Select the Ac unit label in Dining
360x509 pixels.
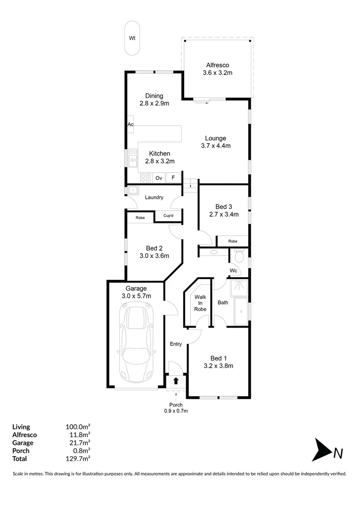pos(131,124)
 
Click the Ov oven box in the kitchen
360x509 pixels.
pos(159,178)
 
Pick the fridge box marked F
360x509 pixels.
pos(173,178)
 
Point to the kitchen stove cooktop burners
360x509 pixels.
pos(145,178)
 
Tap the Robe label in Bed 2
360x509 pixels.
pos(140,218)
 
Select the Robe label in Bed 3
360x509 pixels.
pos(232,241)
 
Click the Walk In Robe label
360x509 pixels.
pos(200,303)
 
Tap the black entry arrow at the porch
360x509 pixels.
pos(176,380)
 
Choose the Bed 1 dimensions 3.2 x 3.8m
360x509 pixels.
pos(218,365)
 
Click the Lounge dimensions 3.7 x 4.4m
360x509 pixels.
pos(215,146)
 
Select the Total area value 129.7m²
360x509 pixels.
pos(78,458)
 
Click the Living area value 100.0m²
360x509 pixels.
pos(78,427)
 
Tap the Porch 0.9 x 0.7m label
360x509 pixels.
pos(176,408)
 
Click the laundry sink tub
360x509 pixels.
pos(133,191)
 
